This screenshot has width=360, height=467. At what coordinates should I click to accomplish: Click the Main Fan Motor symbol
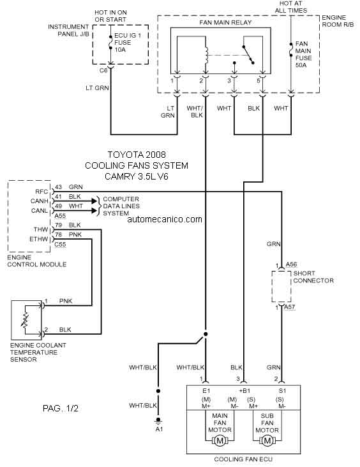coord(220,441)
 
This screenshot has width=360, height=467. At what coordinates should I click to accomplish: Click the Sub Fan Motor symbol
coord(267,441)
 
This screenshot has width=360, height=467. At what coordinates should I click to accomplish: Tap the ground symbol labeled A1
coord(158,420)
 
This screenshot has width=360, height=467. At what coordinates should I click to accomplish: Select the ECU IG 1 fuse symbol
coord(110,45)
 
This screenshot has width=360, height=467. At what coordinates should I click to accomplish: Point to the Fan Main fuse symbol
coord(291,50)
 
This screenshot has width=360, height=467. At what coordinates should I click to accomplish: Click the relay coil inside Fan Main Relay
coord(206,56)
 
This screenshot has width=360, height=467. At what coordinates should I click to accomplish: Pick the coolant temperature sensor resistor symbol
coord(26,319)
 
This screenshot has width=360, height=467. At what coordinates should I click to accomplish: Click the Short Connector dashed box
coord(281,286)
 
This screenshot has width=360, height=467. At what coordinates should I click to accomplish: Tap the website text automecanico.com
coord(165,220)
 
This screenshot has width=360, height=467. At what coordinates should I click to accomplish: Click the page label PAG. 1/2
coord(61,408)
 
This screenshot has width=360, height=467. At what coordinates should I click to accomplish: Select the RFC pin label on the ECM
coord(41,192)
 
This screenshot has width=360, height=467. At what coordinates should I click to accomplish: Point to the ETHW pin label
coord(39,239)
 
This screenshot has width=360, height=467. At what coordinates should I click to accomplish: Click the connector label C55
coord(60,245)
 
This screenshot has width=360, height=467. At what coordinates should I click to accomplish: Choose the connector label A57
coord(290,307)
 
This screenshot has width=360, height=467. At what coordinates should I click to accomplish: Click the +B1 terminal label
coord(244,391)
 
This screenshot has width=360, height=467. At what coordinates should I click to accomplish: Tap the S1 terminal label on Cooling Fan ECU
coord(282,391)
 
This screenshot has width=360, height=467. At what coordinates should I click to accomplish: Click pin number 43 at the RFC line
coord(58,187)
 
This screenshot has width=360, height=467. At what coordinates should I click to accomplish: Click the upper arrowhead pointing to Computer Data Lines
coord(95,201)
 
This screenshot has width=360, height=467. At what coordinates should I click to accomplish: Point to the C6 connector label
coord(103,70)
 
